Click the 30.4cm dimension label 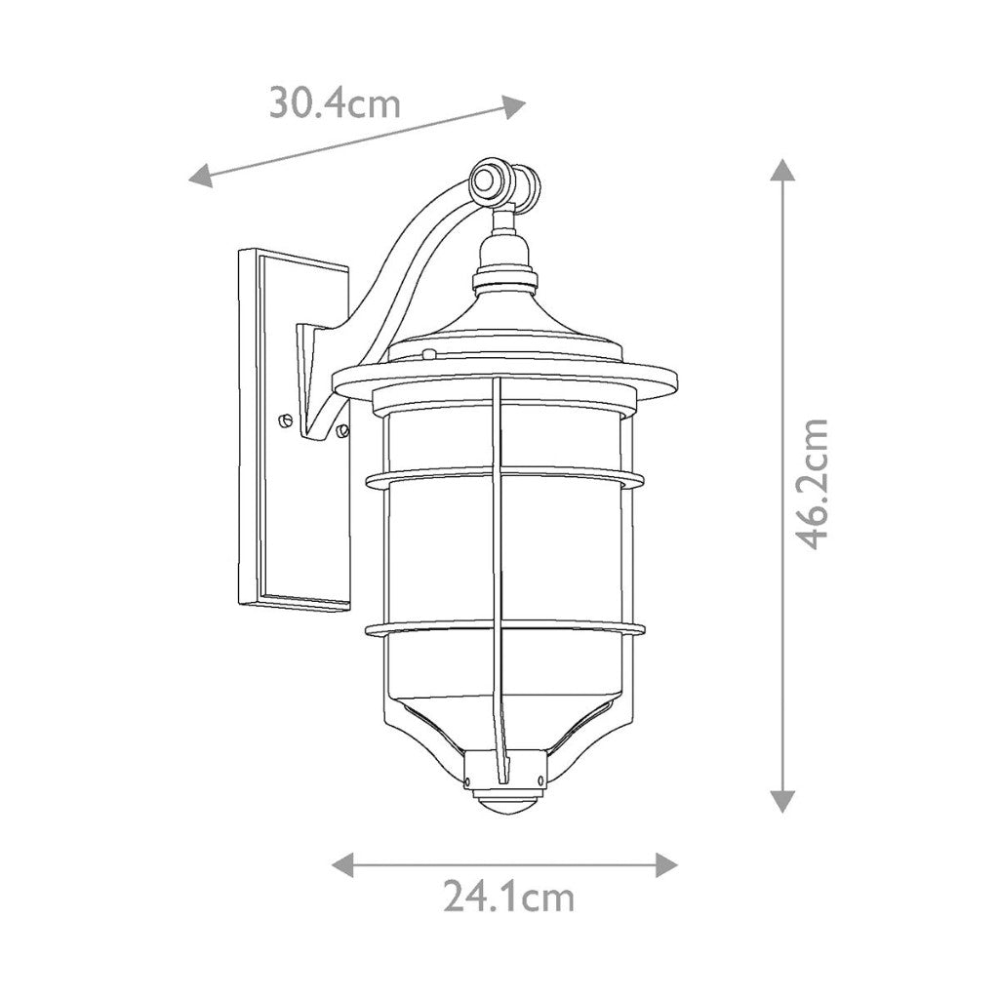(336, 103)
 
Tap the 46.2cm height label (812, 484)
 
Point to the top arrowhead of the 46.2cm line (782, 170)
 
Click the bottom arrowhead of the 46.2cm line (782, 801)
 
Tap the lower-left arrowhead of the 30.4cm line (200, 175)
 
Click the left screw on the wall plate (285, 420)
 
